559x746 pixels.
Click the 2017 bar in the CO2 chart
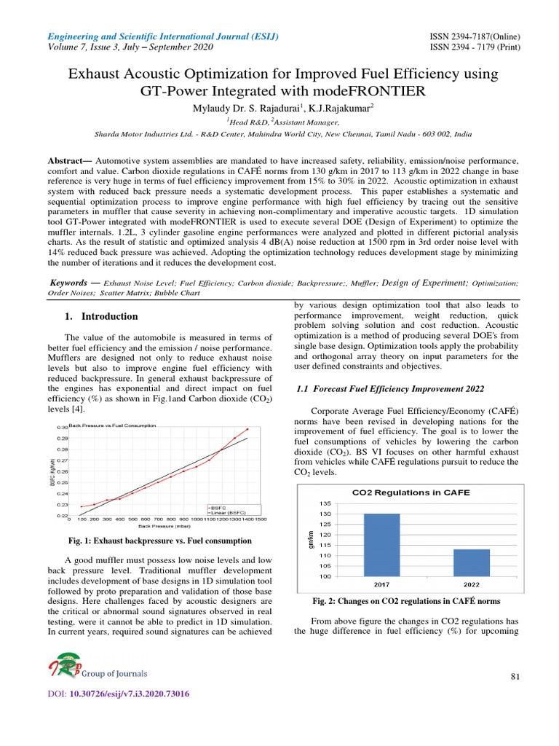[381, 544]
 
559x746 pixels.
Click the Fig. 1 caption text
[159, 541]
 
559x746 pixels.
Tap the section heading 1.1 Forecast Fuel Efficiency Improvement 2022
[390, 390]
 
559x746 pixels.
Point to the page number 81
[515, 678]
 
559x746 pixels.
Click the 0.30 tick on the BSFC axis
[62, 427]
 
